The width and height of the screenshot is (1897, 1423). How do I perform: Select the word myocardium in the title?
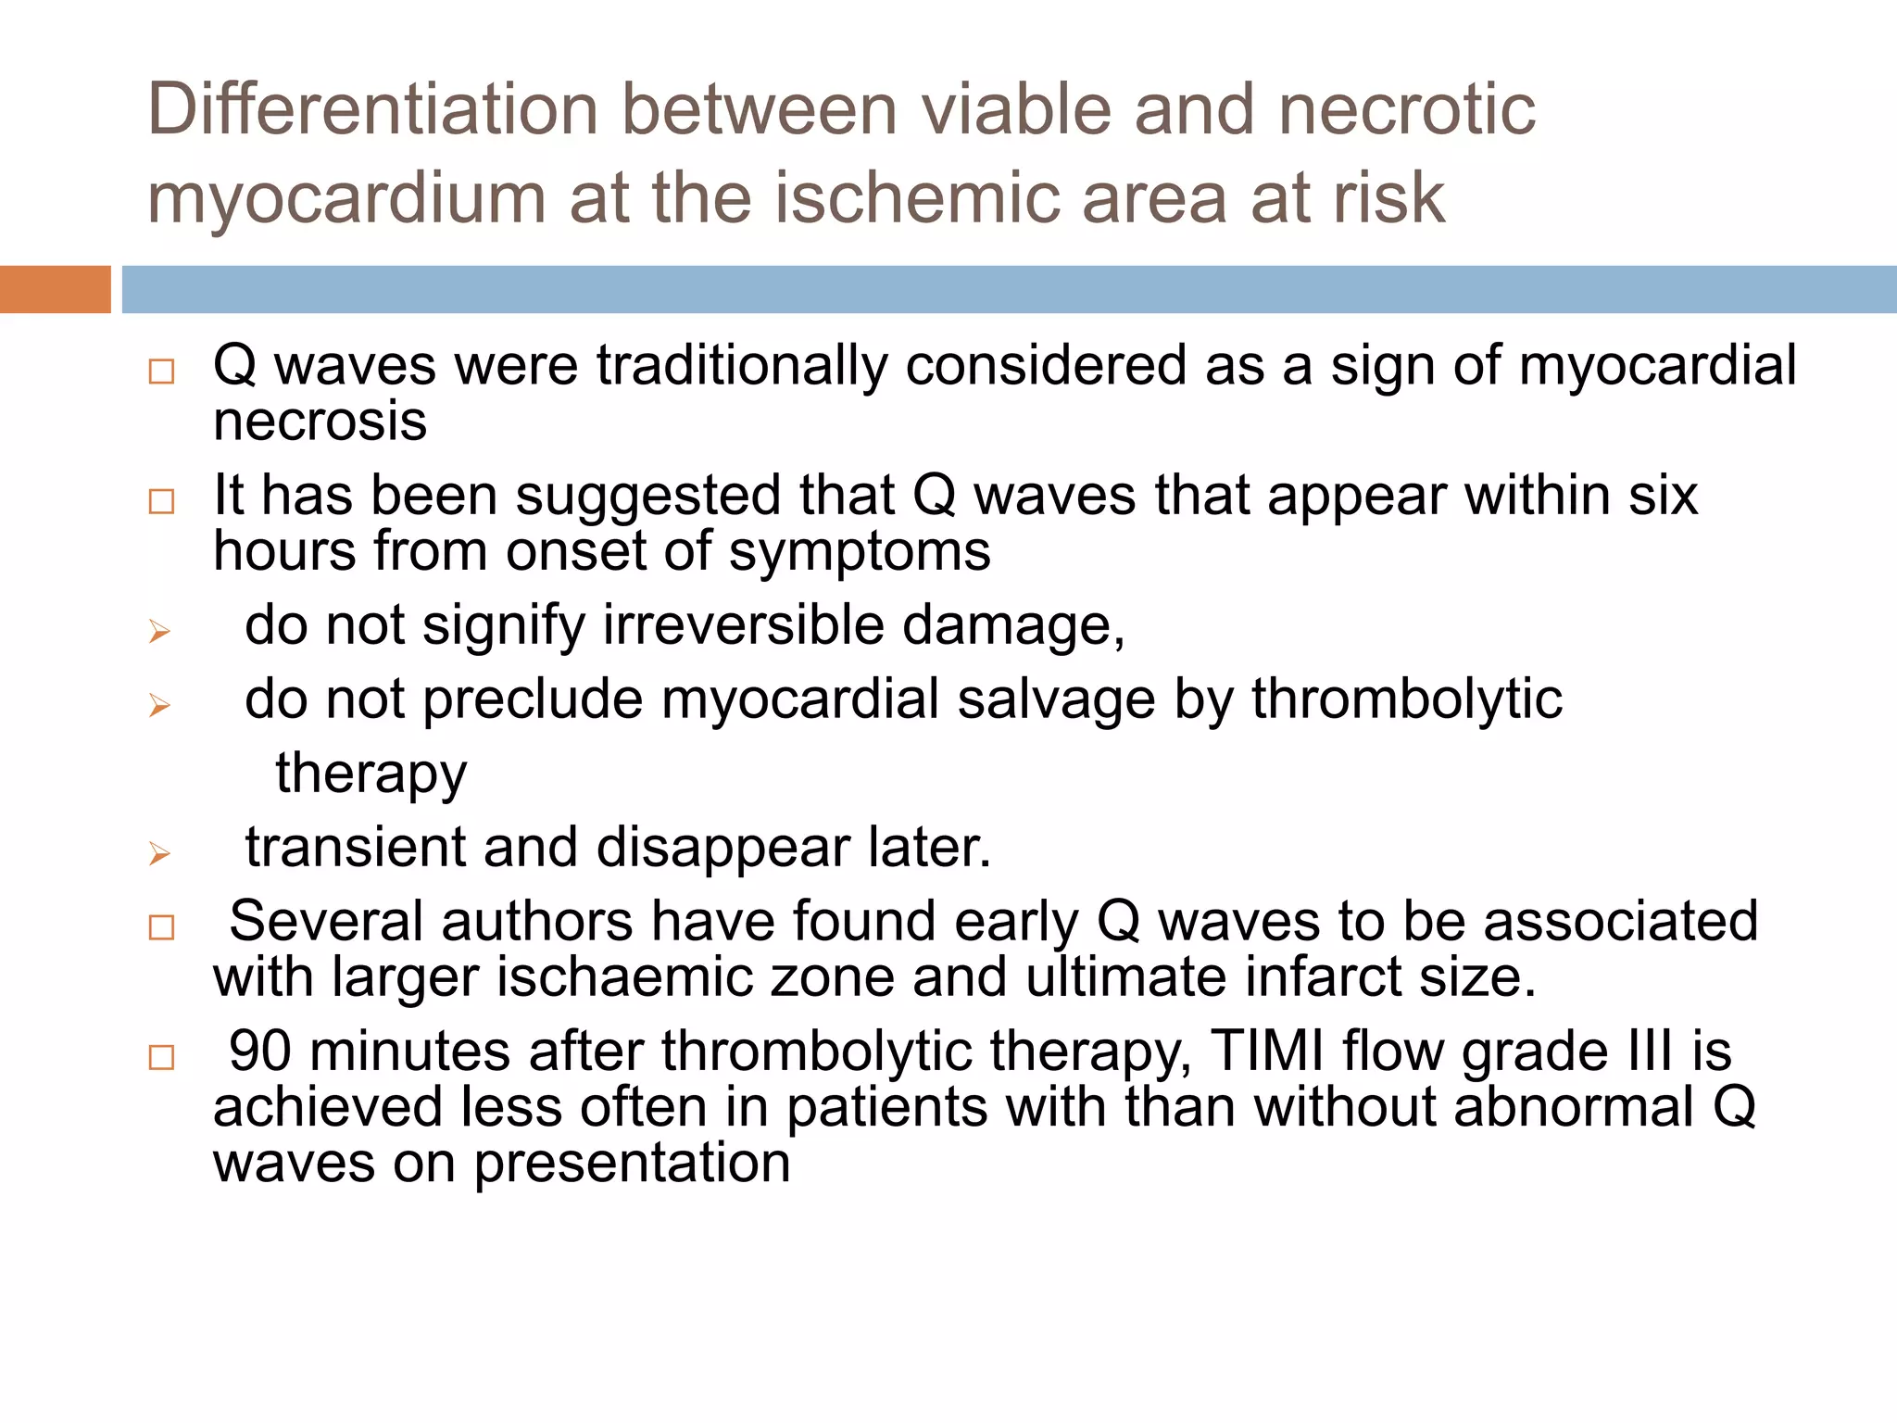(x=346, y=198)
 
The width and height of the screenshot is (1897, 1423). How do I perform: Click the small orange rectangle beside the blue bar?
(x=55, y=289)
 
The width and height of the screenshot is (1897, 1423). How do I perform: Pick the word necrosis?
(x=320, y=422)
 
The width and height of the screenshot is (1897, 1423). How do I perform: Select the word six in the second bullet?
(x=1664, y=495)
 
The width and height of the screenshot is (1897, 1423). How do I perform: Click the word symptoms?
(x=859, y=551)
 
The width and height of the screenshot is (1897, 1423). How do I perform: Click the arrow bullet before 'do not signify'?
(x=159, y=632)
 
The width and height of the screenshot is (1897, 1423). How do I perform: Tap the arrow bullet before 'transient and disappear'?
(x=159, y=853)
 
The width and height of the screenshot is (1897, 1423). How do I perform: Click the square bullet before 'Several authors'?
(x=161, y=927)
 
